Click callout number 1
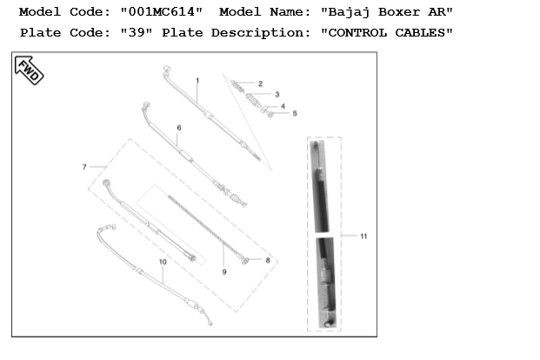[197, 80]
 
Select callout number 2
[260, 84]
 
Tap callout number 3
[277, 94]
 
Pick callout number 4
[283, 105]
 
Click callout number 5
[295, 113]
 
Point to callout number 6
[178, 128]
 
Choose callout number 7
[84, 166]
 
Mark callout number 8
[268, 260]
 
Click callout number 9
[224, 272]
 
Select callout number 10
[163, 262]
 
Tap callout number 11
[363, 236]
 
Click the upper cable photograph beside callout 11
[321, 185]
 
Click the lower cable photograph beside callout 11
[323, 282]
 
